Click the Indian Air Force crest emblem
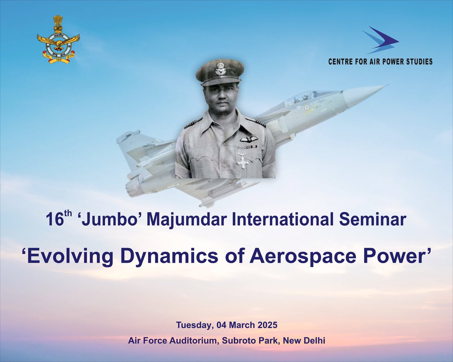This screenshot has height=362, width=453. (58, 40)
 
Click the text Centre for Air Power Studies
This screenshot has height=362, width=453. (380, 61)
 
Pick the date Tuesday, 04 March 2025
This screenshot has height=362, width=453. (226, 325)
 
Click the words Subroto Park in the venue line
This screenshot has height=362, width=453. (242, 341)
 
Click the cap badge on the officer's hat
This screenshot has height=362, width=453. (220, 70)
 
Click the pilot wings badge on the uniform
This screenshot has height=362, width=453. (249, 139)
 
